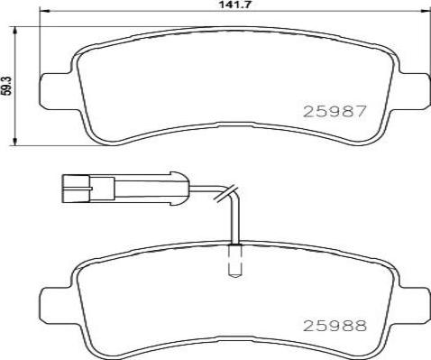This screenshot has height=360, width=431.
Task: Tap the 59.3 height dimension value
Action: coord(7,86)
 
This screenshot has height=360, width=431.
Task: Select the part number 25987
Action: coord(335,112)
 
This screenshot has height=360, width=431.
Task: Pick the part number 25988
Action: coord(335,326)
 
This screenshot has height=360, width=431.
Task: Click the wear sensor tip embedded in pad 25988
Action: coord(234,261)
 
